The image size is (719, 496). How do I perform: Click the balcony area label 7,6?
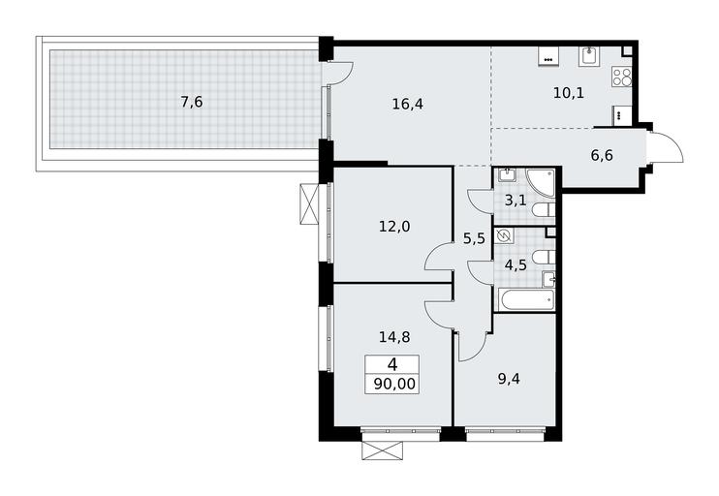click(192, 102)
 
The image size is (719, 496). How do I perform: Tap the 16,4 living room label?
click(408, 104)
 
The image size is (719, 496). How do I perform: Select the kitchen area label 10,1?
click(569, 93)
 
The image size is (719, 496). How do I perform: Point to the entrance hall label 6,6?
click(602, 155)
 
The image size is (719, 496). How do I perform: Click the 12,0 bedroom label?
click(394, 226)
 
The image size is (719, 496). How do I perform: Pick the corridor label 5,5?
click(474, 238)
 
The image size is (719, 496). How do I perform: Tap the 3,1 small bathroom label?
click(516, 200)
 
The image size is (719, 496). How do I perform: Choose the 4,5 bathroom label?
click(516, 265)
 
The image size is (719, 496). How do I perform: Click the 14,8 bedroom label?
click(394, 337)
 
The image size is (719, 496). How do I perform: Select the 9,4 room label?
click(509, 379)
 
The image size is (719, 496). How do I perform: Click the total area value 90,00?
click(394, 384)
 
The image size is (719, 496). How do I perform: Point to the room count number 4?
click(392, 364)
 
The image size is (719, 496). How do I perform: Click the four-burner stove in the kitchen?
click(622, 77)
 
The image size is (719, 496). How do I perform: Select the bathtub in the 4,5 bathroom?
click(526, 300)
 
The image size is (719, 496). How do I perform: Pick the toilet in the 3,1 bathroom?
click(544, 210)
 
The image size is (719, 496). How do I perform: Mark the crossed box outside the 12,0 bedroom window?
click(309, 204)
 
